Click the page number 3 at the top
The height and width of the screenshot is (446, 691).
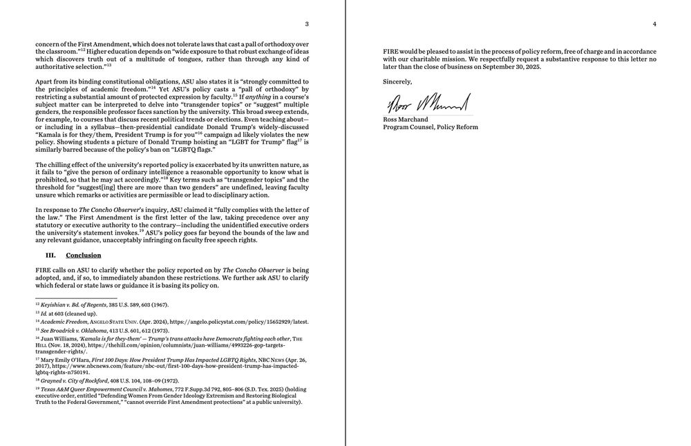[x=307, y=24]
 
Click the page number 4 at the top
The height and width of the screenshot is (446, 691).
[x=654, y=24]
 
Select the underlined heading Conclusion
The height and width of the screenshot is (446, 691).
[x=84, y=255]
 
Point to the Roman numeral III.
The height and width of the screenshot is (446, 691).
[x=50, y=255]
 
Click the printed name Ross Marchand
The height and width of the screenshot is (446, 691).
[x=404, y=119]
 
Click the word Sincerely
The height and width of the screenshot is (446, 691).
[x=397, y=81]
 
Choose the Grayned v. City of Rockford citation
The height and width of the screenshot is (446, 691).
[x=72, y=380]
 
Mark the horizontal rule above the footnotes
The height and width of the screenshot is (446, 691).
[x=76, y=298]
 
